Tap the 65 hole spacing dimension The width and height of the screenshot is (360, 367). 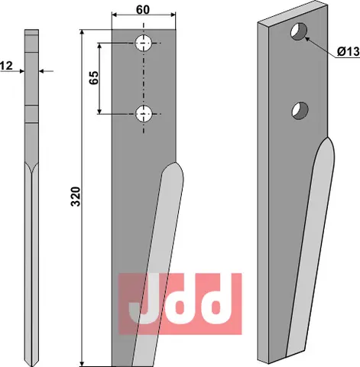tap(92, 79)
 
